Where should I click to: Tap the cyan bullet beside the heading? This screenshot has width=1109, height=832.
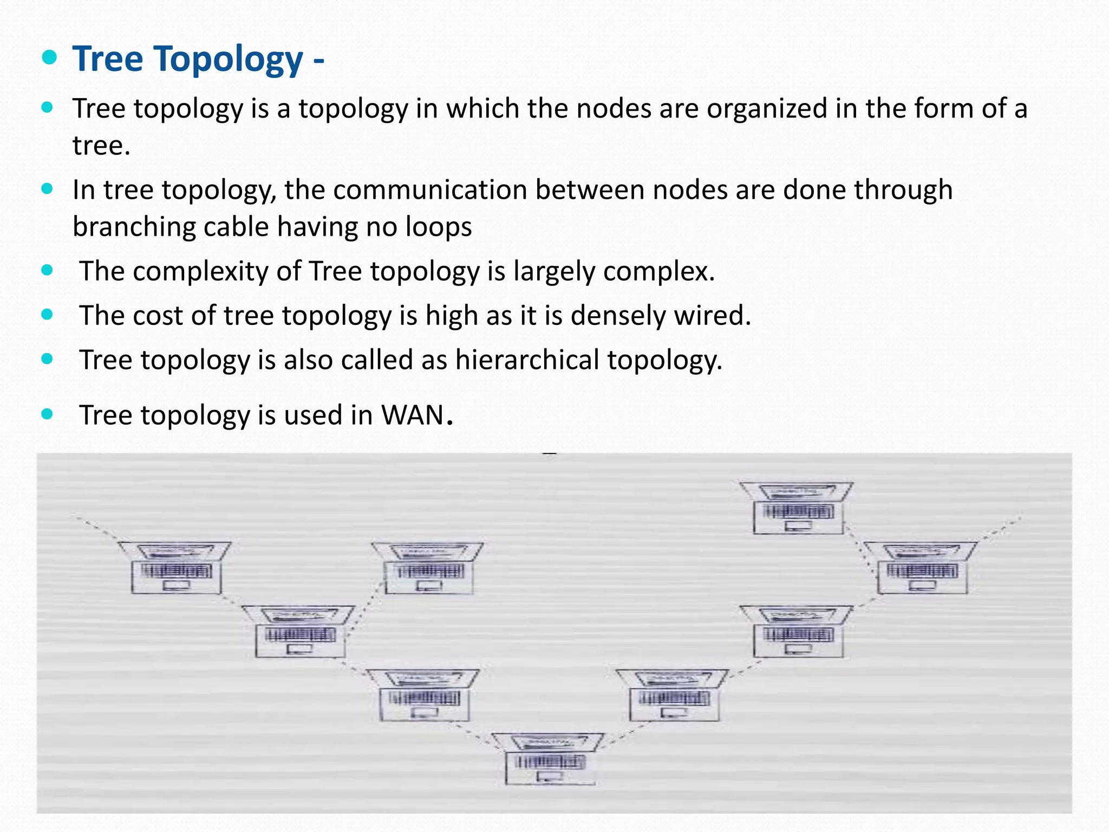49,57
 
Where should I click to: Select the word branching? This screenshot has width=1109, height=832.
134,226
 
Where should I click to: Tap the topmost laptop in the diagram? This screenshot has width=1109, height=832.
797,508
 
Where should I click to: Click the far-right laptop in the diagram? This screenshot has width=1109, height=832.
922,567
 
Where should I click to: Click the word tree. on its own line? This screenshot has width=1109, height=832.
101,146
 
